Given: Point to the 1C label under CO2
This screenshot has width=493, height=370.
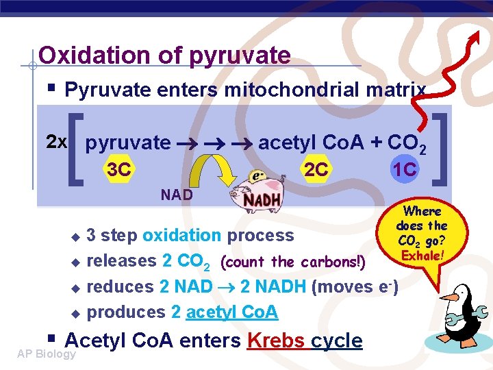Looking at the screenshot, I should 404,169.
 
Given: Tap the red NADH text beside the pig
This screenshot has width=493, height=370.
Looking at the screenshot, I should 262,201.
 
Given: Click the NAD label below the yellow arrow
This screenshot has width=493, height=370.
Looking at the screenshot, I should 177,195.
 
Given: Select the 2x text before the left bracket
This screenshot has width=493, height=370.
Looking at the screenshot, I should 56,142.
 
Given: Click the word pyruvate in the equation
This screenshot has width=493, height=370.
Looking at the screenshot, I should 128,143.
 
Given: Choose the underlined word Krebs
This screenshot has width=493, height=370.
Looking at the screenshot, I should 278,340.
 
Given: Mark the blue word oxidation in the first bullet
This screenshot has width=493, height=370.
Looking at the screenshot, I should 181,235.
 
